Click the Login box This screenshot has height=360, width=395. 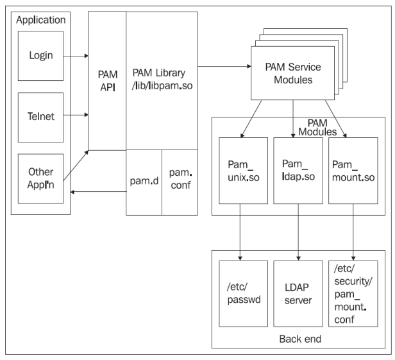[x=41, y=56]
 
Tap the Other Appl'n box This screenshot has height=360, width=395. [x=41, y=178]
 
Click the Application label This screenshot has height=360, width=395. [x=41, y=19]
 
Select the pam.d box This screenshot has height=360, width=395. [x=144, y=182]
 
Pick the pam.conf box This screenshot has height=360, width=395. [x=180, y=182]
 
